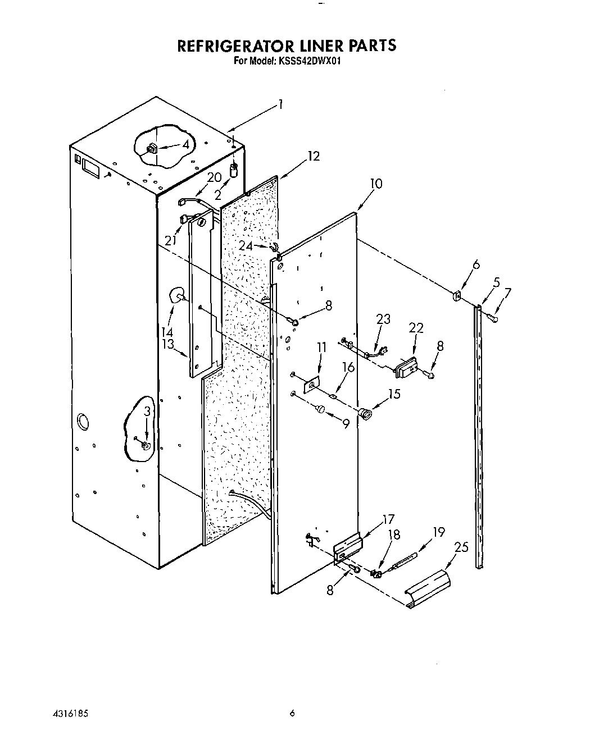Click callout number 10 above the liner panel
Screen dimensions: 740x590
[376, 184]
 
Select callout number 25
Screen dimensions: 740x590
[460, 546]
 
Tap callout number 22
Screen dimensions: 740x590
[416, 328]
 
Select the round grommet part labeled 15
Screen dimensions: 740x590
[367, 415]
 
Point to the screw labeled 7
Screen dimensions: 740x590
[493, 318]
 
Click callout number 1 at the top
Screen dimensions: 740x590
[280, 104]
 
